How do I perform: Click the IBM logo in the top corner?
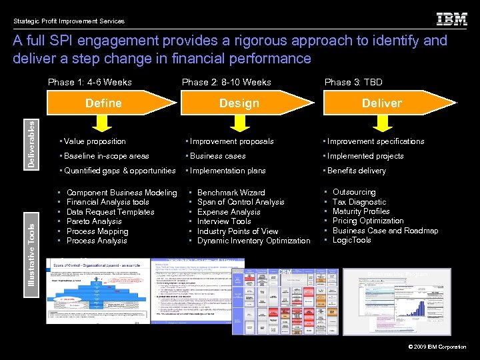pos(451,19)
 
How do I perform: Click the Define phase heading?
pos(103,103)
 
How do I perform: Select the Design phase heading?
pos(239,103)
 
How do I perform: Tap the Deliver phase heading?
pos(381,103)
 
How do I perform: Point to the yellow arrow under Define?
pos(102,123)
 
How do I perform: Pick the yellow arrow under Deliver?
pos(381,123)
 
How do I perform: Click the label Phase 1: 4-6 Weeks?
pos(90,83)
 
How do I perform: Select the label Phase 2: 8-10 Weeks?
pos(227,83)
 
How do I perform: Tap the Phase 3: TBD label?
pos(353,83)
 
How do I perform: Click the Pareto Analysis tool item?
pos(94,221)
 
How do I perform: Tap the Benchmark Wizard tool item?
pos(231,193)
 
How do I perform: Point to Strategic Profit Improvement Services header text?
pos(69,21)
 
